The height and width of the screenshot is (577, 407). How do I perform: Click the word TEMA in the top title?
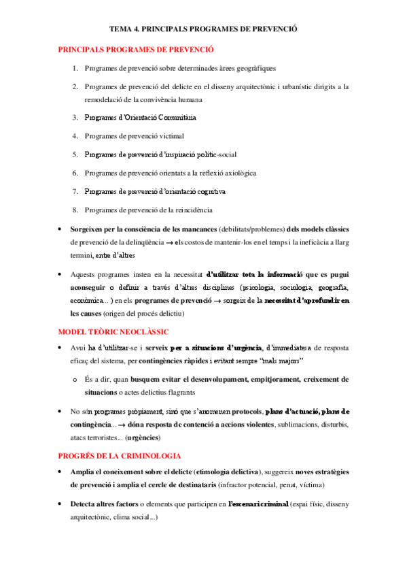point(121,29)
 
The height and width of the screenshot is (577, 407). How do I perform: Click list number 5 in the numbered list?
point(75,154)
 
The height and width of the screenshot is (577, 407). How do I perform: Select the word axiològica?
point(238,173)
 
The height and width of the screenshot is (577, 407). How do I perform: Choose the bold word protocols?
point(247,412)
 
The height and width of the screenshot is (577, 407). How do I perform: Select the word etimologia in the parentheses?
point(217,472)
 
